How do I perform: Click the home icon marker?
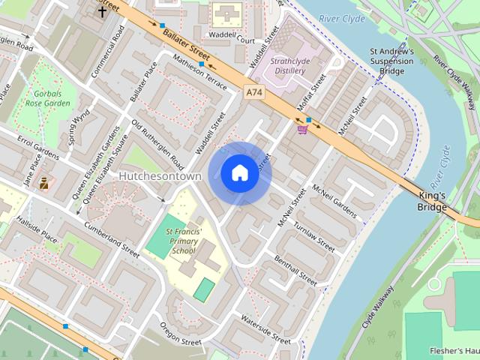pyautogui.click(x=239, y=173)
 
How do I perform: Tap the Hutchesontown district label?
pyautogui.click(x=160, y=175)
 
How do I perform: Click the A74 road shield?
pyautogui.click(x=255, y=91)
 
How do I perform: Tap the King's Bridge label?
pyautogui.click(x=433, y=200)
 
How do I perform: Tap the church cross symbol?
pyautogui.click(x=101, y=12)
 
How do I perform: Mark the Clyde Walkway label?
pyautogui.click(x=378, y=307)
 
